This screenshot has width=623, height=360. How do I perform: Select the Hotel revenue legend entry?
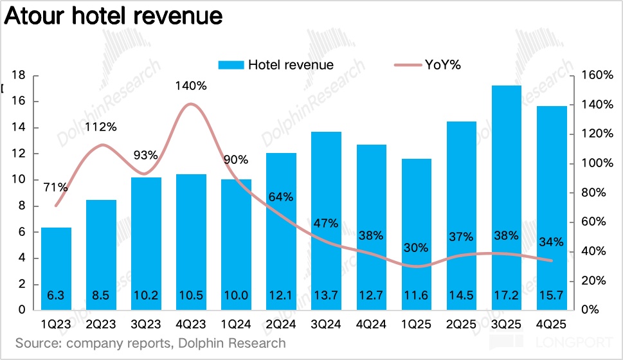[x=276, y=64]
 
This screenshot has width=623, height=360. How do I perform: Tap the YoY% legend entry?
[x=428, y=64]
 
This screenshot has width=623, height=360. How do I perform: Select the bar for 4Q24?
[x=372, y=228]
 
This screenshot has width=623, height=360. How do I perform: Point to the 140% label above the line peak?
[x=191, y=85]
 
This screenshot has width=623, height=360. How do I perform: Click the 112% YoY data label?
[x=101, y=127]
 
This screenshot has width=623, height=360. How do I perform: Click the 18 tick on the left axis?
[x=18, y=75]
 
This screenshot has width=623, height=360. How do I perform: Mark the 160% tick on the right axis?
[x=595, y=75]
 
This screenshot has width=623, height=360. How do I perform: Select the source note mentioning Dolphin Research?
[x=150, y=343]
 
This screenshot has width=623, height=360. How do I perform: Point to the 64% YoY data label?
[x=281, y=197]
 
